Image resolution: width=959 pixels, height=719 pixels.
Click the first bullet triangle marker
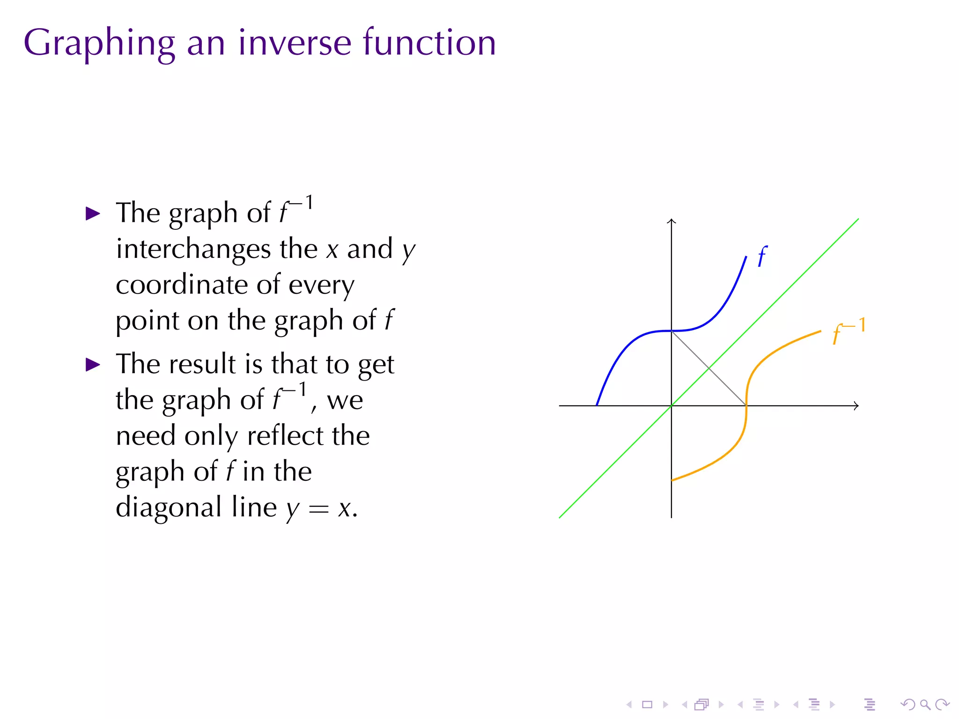click(93, 214)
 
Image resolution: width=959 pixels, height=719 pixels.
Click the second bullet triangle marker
click(93, 365)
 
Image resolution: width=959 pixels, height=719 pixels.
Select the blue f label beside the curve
click(762, 257)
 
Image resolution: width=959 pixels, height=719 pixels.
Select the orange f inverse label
click(848, 330)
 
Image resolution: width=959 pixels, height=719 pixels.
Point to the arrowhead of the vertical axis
click(671, 220)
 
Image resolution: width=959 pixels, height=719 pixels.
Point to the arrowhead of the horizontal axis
click(856, 406)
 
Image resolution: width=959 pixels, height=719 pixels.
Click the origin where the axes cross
click(671, 406)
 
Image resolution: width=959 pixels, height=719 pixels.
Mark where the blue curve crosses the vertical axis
click(671, 331)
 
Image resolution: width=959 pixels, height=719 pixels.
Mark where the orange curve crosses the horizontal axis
click(746, 406)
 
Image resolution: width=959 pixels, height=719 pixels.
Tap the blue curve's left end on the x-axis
click(597, 405)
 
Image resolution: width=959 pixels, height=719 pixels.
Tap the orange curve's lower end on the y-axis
click(672, 480)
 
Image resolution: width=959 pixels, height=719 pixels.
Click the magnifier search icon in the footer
click(925, 704)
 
